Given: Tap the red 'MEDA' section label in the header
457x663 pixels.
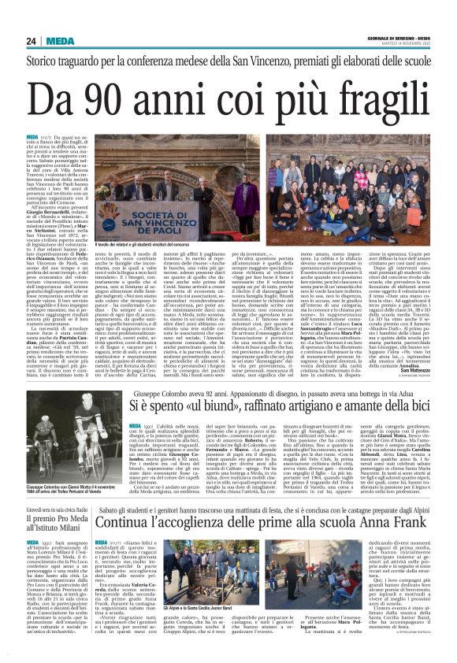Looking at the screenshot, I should (x=60, y=42).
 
